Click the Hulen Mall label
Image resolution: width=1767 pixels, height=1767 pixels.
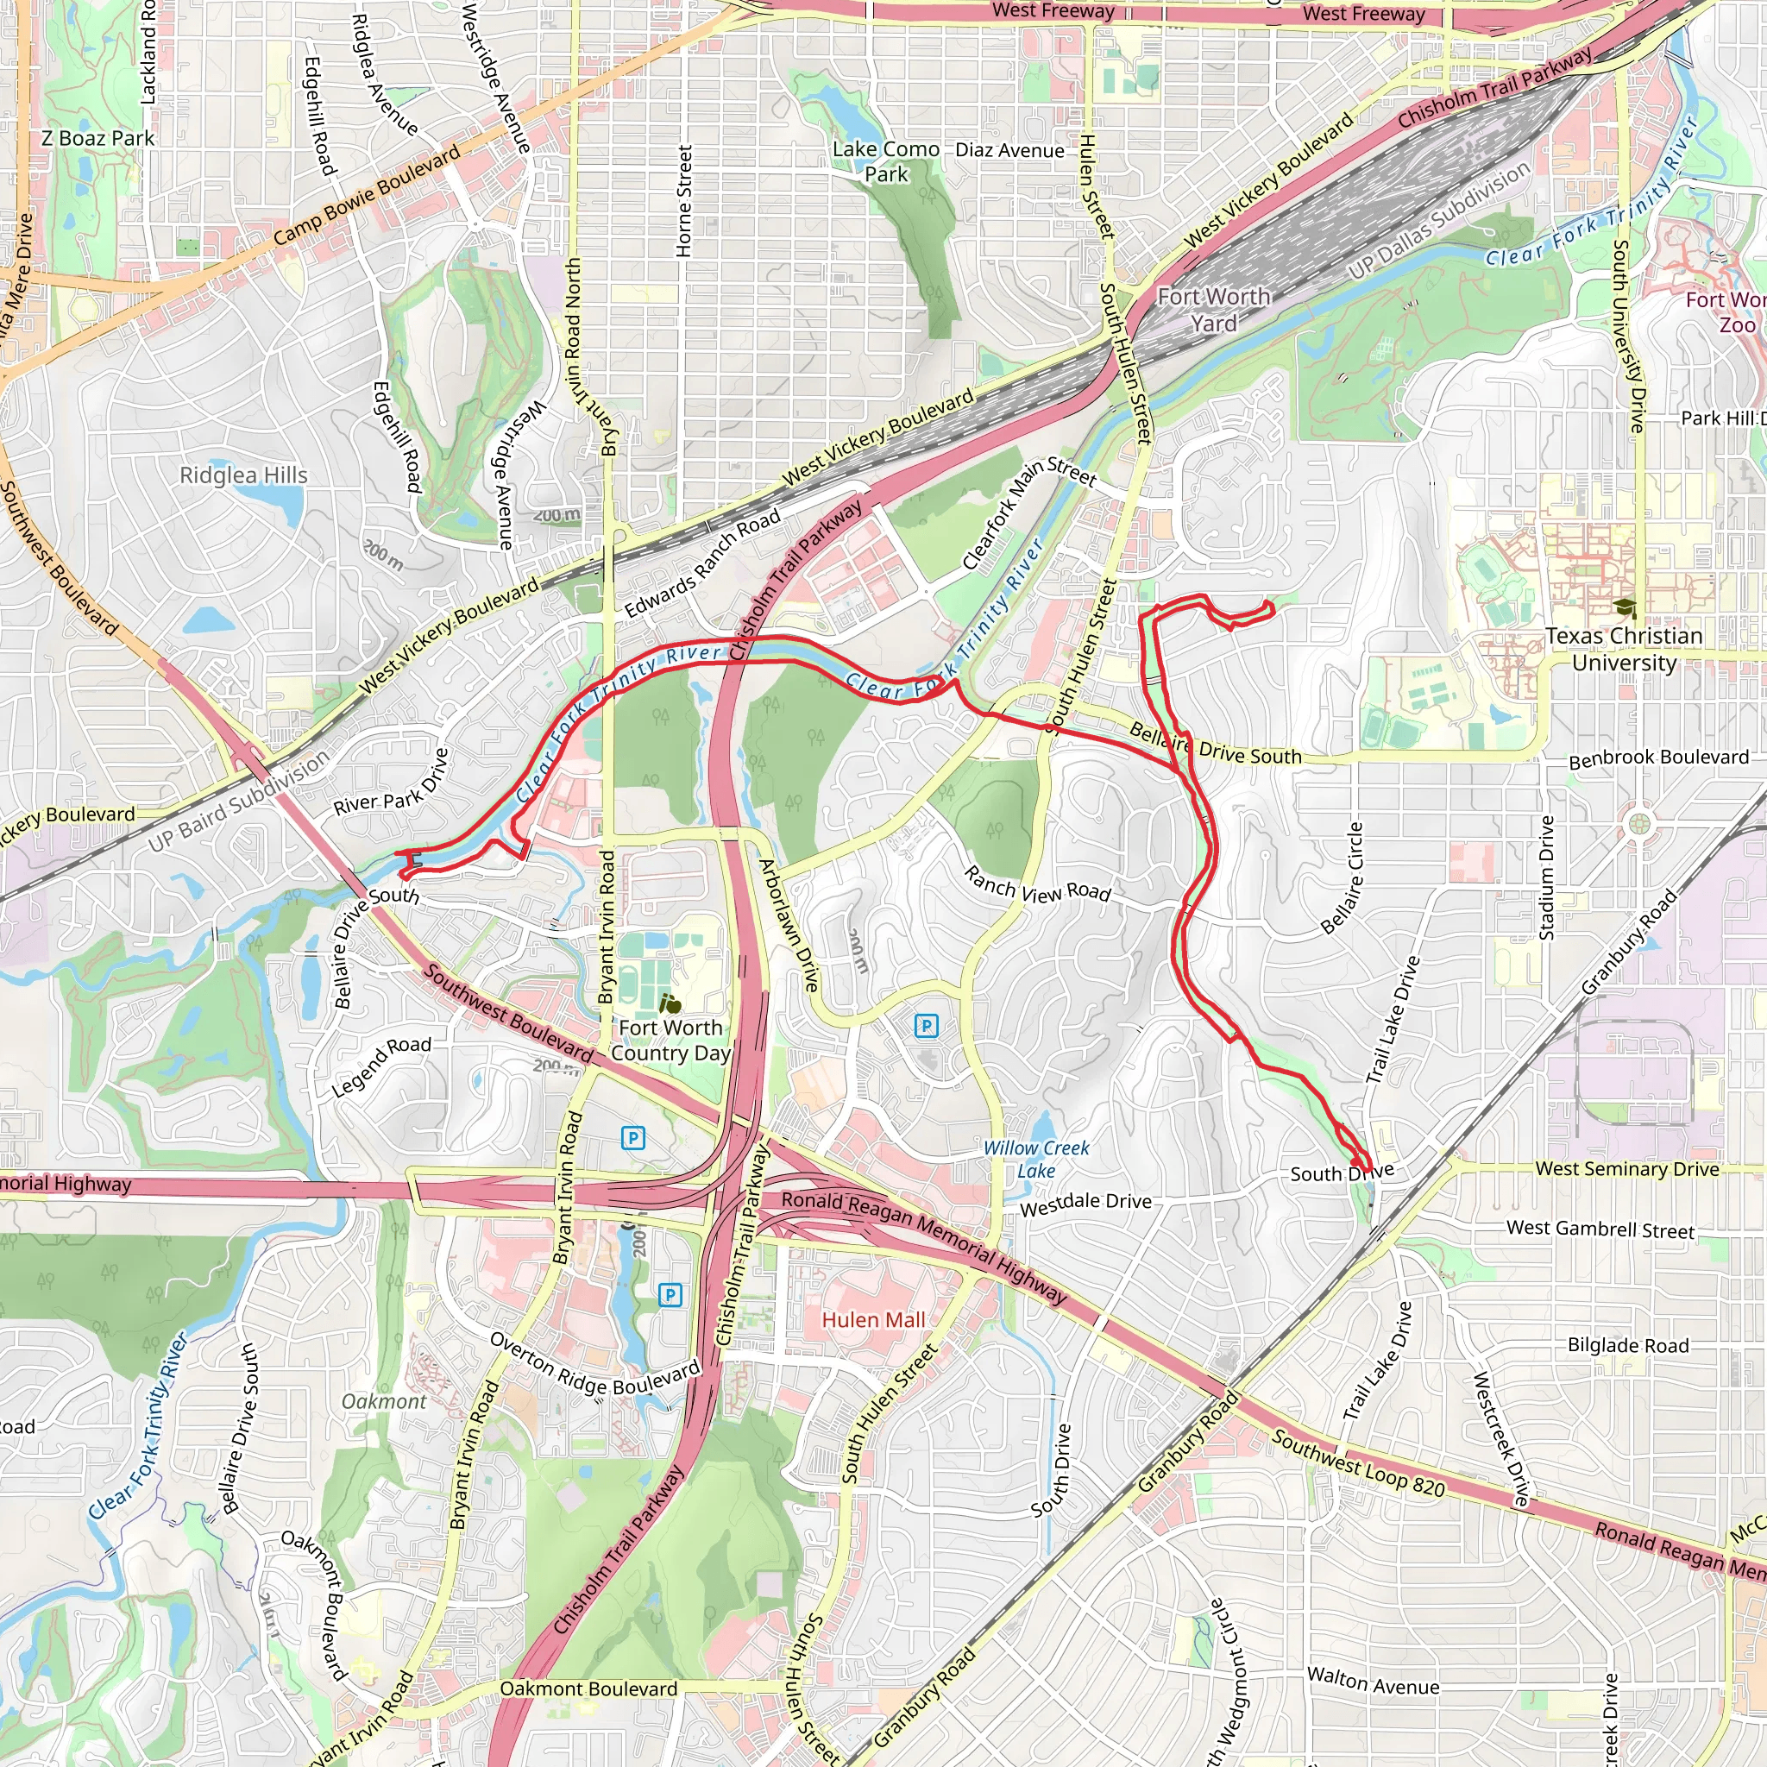coord(872,1320)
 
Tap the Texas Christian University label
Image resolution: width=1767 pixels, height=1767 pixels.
coord(1624,649)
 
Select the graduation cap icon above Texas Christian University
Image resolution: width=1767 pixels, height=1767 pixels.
coord(1625,607)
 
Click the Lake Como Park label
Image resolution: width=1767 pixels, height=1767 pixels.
coord(885,161)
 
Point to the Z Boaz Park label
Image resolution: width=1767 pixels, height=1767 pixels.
coord(97,138)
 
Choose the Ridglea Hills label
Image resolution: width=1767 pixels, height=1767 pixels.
coord(243,475)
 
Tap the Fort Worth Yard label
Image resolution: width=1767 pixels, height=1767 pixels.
coord(1214,310)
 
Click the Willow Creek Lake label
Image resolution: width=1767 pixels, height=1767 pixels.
coord(1036,1159)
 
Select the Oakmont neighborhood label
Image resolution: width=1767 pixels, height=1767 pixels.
coord(383,1401)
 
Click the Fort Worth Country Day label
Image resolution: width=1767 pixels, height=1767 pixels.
coord(670,1040)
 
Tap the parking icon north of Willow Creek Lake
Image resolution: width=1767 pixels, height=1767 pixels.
coord(926,1025)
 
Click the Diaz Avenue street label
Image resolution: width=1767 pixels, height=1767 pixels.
coord(1009,151)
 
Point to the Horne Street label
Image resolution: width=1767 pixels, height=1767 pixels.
coord(684,201)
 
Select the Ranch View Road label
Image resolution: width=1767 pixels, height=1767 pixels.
coord(1037,885)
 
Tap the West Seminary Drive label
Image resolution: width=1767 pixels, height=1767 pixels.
coord(1627,1169)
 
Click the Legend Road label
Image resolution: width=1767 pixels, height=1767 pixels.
coord(381,1066)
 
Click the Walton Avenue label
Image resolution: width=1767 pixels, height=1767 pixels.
coord(1373,1681)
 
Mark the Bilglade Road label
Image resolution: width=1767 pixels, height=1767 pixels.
coord(1628,1345)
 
